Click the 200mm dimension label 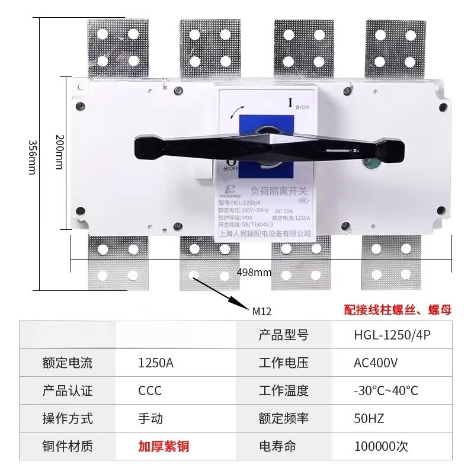[59, 151]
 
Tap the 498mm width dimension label [254, 273]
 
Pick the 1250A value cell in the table [155, 363]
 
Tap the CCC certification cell [149, 391]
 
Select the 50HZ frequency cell [369, 418]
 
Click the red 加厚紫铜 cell [164, 446]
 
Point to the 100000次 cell [381, 446]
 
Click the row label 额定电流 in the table [68, 363]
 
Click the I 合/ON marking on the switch [296, 104]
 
